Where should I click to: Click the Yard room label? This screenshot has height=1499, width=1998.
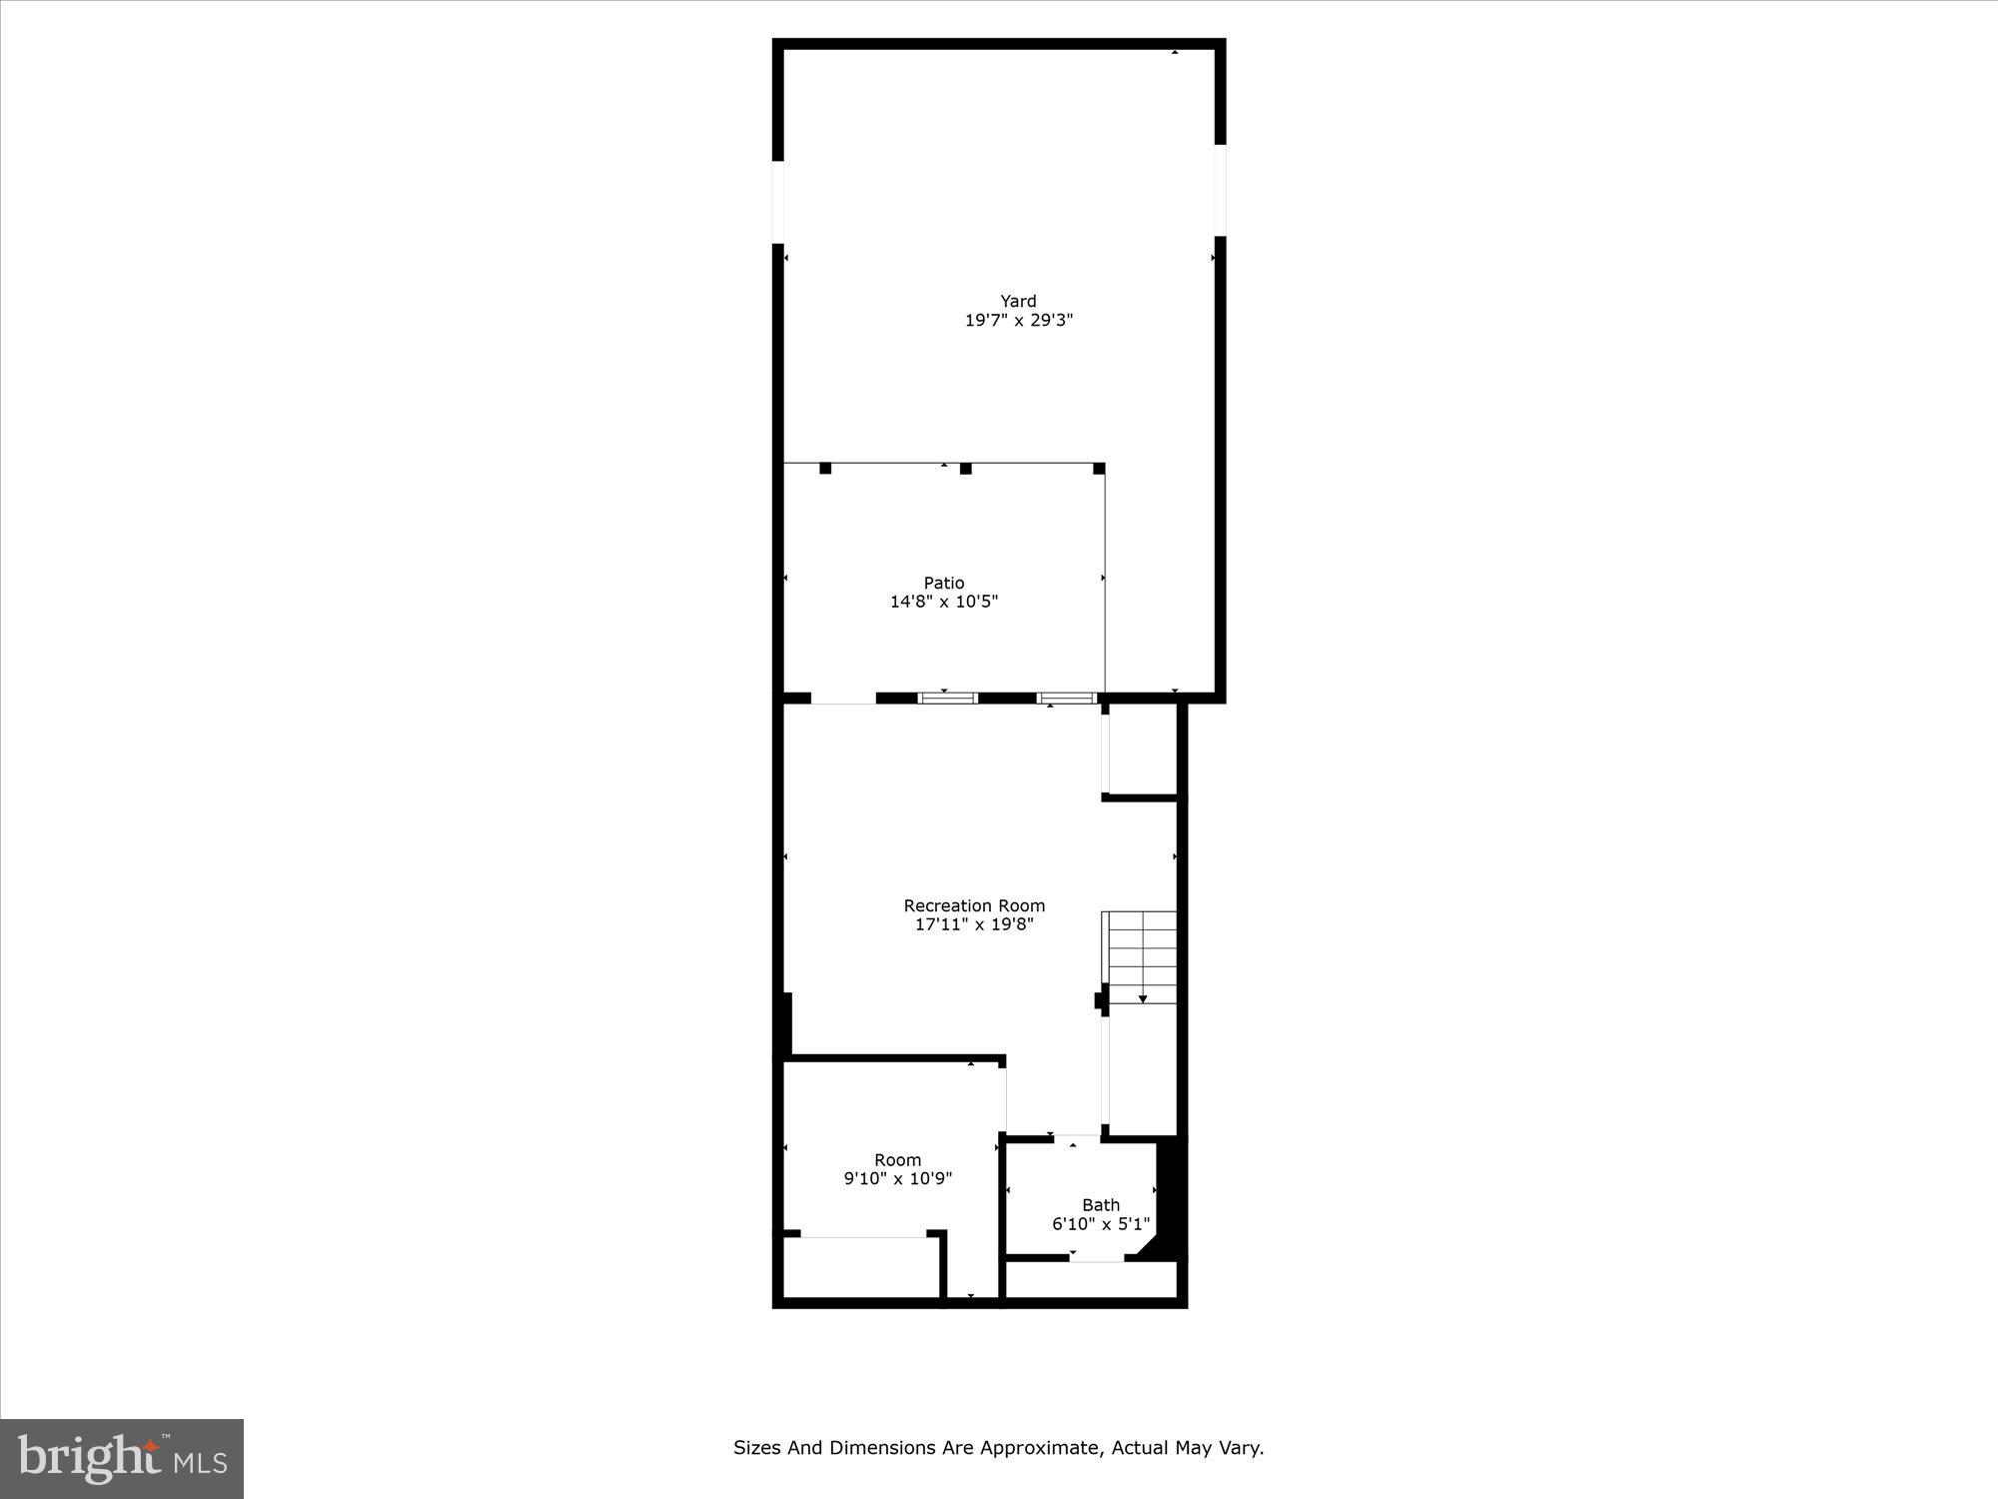click(1018, 301)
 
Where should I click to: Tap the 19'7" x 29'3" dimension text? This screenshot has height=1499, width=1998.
click(1018, 321)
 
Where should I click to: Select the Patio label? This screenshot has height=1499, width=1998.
click(944, 583)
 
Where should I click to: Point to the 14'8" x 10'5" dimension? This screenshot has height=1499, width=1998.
click(944, 602)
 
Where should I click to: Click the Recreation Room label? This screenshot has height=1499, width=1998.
click(974, 905)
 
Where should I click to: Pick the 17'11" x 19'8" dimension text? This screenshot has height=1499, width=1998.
click(974, 924)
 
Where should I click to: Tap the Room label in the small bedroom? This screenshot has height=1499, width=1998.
click(897, 1160)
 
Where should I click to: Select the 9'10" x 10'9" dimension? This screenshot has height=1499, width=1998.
click(897, 1179)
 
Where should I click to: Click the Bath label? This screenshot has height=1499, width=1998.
click(1101, 1205)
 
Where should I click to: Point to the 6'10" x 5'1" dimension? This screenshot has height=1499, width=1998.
click(1101, 1224)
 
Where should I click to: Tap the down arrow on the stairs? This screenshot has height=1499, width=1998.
click(1143, 998)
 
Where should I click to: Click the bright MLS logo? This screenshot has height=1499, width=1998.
click(122, 1458)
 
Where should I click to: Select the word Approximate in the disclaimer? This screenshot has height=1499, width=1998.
click(1037, 1447)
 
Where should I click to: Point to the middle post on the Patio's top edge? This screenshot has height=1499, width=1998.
click(965, 468)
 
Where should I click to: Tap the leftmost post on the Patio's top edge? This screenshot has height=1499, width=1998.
click(825, 468)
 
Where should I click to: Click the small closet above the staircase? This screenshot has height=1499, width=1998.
click(1142, 749)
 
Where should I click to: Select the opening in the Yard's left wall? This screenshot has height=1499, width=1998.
click(778, 201)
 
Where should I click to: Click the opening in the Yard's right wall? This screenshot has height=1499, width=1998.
click(1220, 190)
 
